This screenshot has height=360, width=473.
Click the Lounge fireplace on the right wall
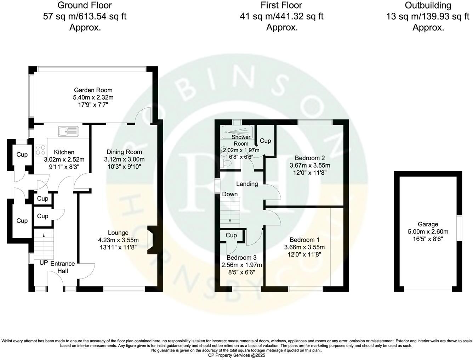coord(151,241)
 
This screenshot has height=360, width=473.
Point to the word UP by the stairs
coord(44,263)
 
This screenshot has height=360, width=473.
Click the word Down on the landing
coord(230,194)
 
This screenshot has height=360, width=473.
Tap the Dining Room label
coord(124,152)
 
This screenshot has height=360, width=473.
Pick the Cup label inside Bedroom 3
coord(231,235)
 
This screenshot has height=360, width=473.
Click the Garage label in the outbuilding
coord(428,224)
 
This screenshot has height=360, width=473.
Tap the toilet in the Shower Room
coord(226,163)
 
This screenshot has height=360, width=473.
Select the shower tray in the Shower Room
coord(236,132)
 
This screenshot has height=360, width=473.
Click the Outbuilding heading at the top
coord(428,5)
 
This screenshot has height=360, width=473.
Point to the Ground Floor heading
coord(85,5)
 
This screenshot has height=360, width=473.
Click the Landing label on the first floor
coord(247,184)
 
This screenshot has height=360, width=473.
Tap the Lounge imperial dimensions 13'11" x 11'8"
coord(118,247)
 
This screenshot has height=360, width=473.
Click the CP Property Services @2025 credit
coord(236,355)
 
